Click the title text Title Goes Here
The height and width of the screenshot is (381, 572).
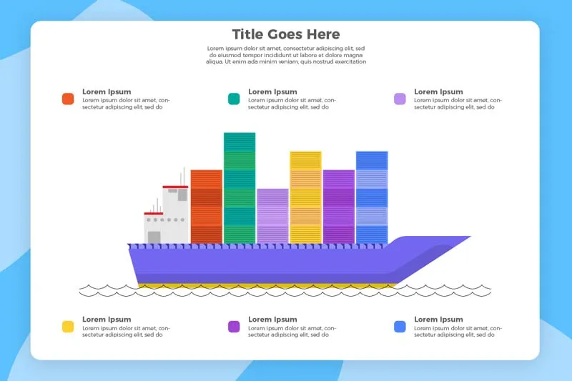pyautogui.click(x=286, y=34)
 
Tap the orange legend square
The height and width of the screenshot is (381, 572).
pyautogui.click(x=68, y=99)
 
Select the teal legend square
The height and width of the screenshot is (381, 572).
pyautogui.click(x=234, y=99)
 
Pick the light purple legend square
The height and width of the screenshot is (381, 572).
pyautogui.click(x=400, y=99)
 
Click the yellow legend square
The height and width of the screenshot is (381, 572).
pyautogui.click(x=68, y=327)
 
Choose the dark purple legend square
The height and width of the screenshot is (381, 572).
pyautogui.click(x=234, y=327)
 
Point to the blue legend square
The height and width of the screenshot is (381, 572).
pyautogui.click(x=400, y=327)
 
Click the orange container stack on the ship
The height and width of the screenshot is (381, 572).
pyautogui.click(x=207, y=207)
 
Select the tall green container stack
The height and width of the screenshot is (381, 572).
pyautogui.click(x=240, y=188)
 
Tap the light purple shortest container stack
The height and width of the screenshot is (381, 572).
pyautogui.click(x=272, y=216)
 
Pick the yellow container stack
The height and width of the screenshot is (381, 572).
pyautogui.click(x=306, y=197)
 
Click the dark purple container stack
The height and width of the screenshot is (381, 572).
pyautogui.click(x=339, y=207)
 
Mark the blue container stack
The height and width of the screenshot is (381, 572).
pyautogui.click(x=372, y=197)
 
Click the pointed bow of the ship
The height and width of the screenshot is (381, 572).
pyautogui.click(x=470, y=237)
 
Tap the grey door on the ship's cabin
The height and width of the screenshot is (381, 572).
pyautogui.click(x=154, y=237)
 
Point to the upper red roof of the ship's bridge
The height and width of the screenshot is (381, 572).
pyautogui.click(x=175, y=187)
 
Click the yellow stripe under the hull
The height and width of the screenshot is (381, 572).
pyautogui.click(x=266, y=286)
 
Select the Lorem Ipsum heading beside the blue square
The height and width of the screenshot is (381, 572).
pyautogui.click(x=438, y=320)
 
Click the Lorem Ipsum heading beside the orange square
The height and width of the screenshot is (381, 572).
pyautogui.click(x=107, y=91)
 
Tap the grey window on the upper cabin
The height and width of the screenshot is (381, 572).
pyautogui.click(x=182, y=194)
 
